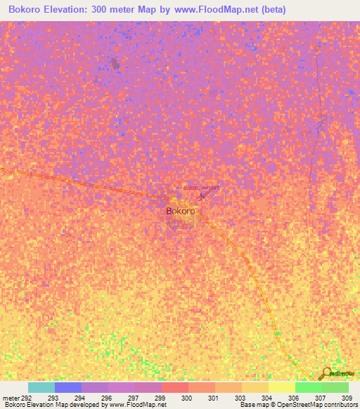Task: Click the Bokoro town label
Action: tap(180, 210)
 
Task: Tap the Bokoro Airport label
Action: tap(201, 188)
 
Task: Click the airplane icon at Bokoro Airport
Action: tap(202, 195)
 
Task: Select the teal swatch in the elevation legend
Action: tap(41, 387)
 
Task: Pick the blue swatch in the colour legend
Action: tap(68, 387)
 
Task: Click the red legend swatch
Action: tap(175, 387)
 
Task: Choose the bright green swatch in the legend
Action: tap(309, 387)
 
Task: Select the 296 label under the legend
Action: tap(106, 397)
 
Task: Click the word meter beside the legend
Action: tap(11, 397)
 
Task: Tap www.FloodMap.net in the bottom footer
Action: tap(139, 405)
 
